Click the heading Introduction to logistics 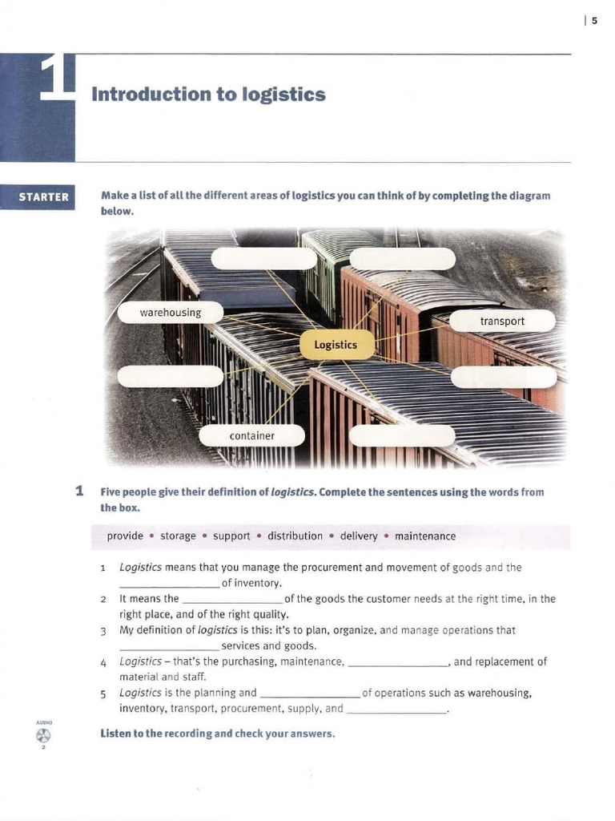tap(208, 95)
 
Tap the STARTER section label tap(43, 197)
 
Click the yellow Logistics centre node tap(336, 345)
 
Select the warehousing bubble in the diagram tap(171, 313)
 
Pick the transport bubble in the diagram tap(502, 322)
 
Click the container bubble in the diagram tap(251, 435)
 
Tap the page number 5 tap(594, 21)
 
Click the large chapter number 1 tap(58, 80)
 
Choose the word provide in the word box tap(125, 536)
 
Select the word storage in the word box tap(178, 536)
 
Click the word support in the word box tap(231, 536)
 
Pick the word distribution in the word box tap(295, 536)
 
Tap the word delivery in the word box tap(359, 536)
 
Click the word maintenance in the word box tap(425, 536)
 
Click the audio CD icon tap(43, 735)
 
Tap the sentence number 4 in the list tap(104, 663)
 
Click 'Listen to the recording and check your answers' tap(217, 733)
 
